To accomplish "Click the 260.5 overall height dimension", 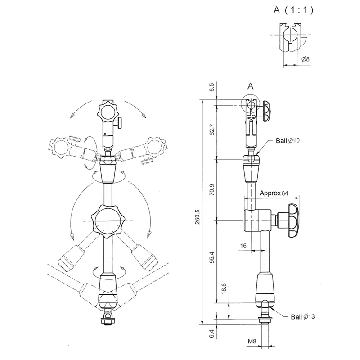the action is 198,217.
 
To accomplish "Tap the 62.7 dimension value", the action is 211,130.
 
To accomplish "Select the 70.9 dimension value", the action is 211,189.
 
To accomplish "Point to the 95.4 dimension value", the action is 211,257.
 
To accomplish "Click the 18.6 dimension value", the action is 224,288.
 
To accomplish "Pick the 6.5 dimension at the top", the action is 211,87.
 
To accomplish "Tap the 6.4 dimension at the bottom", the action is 211,333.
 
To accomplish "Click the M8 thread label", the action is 252,341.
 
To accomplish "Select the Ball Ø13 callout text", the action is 303,317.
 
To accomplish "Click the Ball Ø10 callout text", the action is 288,140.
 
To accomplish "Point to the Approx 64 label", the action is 274,193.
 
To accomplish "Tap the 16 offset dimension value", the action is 243,246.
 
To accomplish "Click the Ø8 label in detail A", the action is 306,59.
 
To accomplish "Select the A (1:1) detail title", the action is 293,10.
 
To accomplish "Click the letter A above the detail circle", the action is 251,86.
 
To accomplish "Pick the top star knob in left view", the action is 108,112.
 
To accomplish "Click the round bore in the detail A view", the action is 290,35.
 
